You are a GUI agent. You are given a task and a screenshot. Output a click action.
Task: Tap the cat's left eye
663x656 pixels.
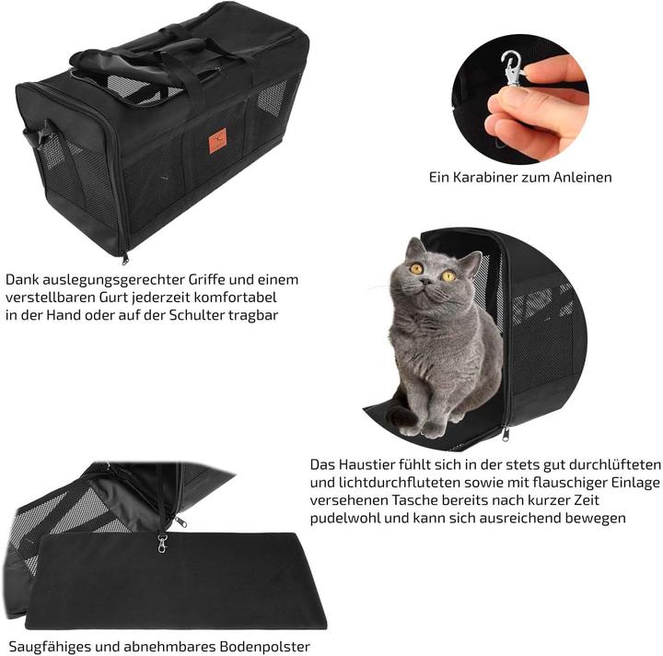[x=417, y=268]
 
